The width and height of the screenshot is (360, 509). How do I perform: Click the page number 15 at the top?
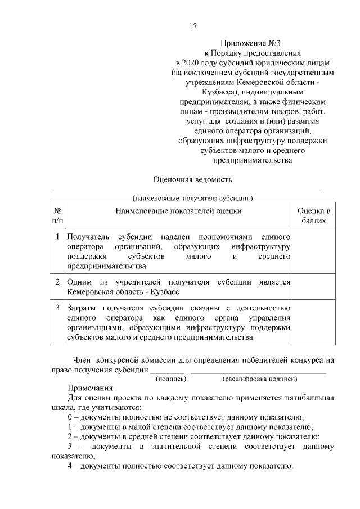(192, 25)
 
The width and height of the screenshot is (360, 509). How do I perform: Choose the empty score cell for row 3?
(313, 322)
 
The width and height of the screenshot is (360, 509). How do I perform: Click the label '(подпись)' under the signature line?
(170, 379)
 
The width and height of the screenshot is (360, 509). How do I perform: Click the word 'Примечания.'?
(91, 388)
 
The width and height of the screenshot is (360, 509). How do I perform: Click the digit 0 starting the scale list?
(70, 417)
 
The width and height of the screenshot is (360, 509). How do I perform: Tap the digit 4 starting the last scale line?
(70, 466)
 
